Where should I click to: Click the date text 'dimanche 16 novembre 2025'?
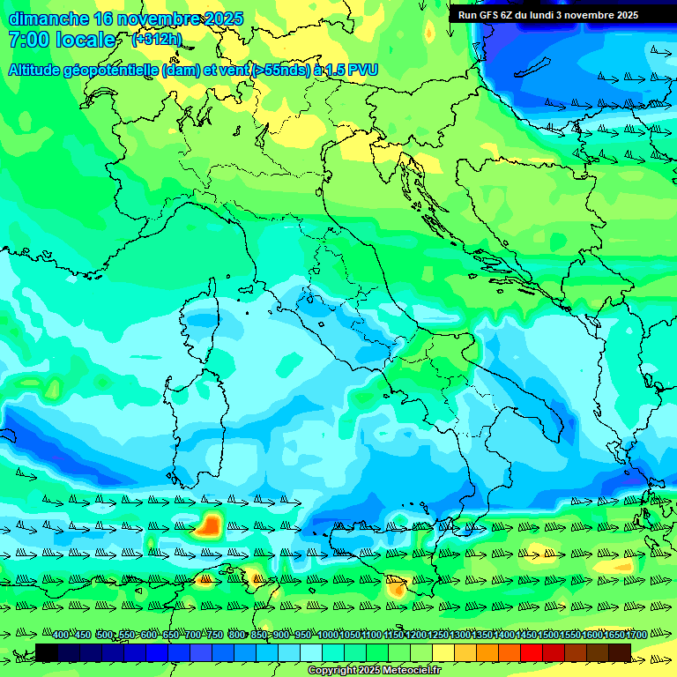[114, 19]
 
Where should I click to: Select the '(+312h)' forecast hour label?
[156, 40]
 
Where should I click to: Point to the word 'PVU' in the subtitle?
[361, 69]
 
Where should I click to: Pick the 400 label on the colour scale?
[61, 636]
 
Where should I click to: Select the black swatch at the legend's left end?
[47, 652]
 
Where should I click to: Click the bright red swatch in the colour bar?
[532, 652]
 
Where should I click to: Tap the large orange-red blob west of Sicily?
[210, 525]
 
